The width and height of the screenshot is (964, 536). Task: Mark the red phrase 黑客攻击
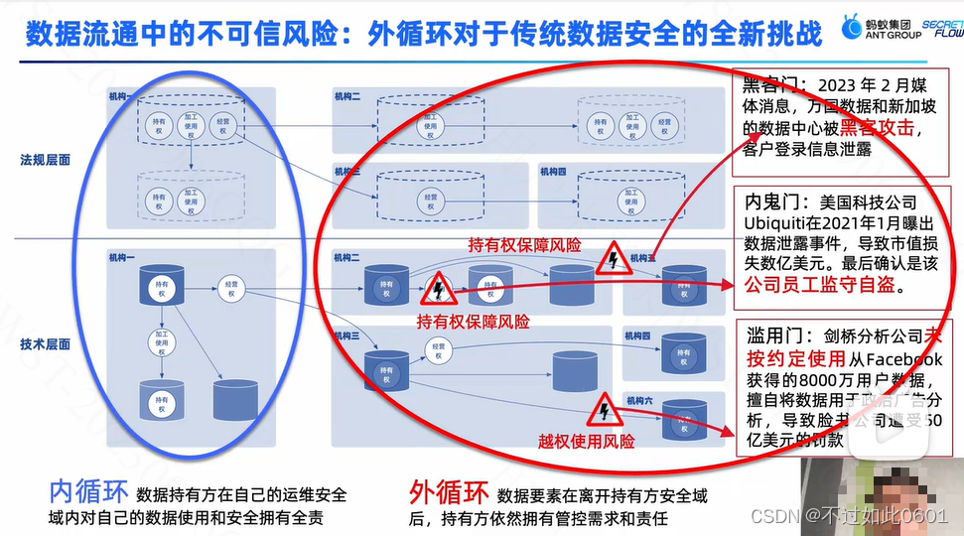coord(878,128)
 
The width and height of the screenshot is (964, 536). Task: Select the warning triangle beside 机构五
coord(614,259)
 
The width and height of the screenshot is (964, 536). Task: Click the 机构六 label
coord(640,400)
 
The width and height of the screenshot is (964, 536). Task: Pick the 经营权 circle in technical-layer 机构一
coord(231,289)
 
